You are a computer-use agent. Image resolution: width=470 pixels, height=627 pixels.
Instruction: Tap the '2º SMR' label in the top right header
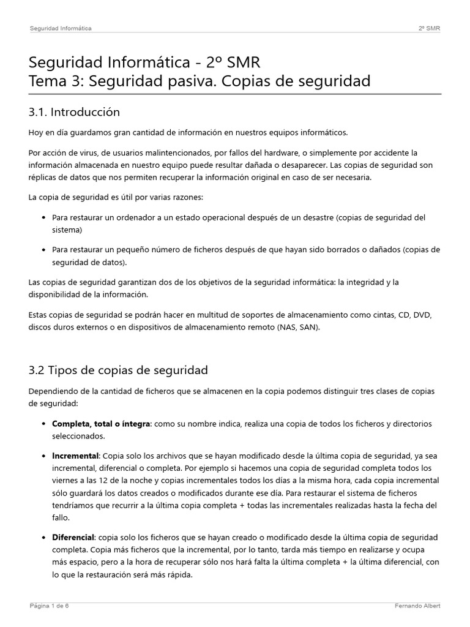coord(429,28)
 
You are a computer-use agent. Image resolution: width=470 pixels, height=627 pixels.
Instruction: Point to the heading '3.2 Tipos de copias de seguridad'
coord(118,370)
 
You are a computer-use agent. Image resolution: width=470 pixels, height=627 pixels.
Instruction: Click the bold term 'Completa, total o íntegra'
coord(101,424)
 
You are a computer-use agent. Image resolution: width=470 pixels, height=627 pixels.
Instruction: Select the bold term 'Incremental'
coord(75,456)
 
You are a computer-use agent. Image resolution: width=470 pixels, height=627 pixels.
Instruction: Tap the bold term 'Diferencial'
coord(73,537)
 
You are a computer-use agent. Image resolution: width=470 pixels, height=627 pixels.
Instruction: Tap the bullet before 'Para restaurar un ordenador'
coord(43,218)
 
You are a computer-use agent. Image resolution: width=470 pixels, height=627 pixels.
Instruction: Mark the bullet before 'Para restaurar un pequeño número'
coord(43,250)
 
